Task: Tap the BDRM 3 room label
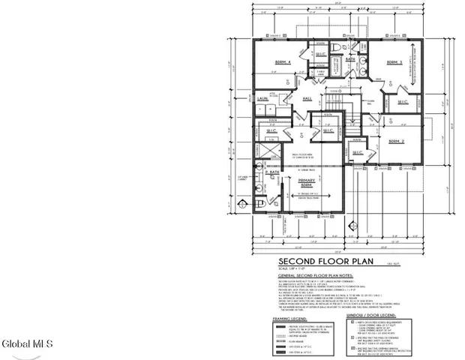[x=395, y=62]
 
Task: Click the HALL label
[x=307, y=97]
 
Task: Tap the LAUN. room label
[x=262, y=98]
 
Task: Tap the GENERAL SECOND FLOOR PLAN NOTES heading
[x=316, y=276]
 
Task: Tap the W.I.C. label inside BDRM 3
[x=402, y=101]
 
